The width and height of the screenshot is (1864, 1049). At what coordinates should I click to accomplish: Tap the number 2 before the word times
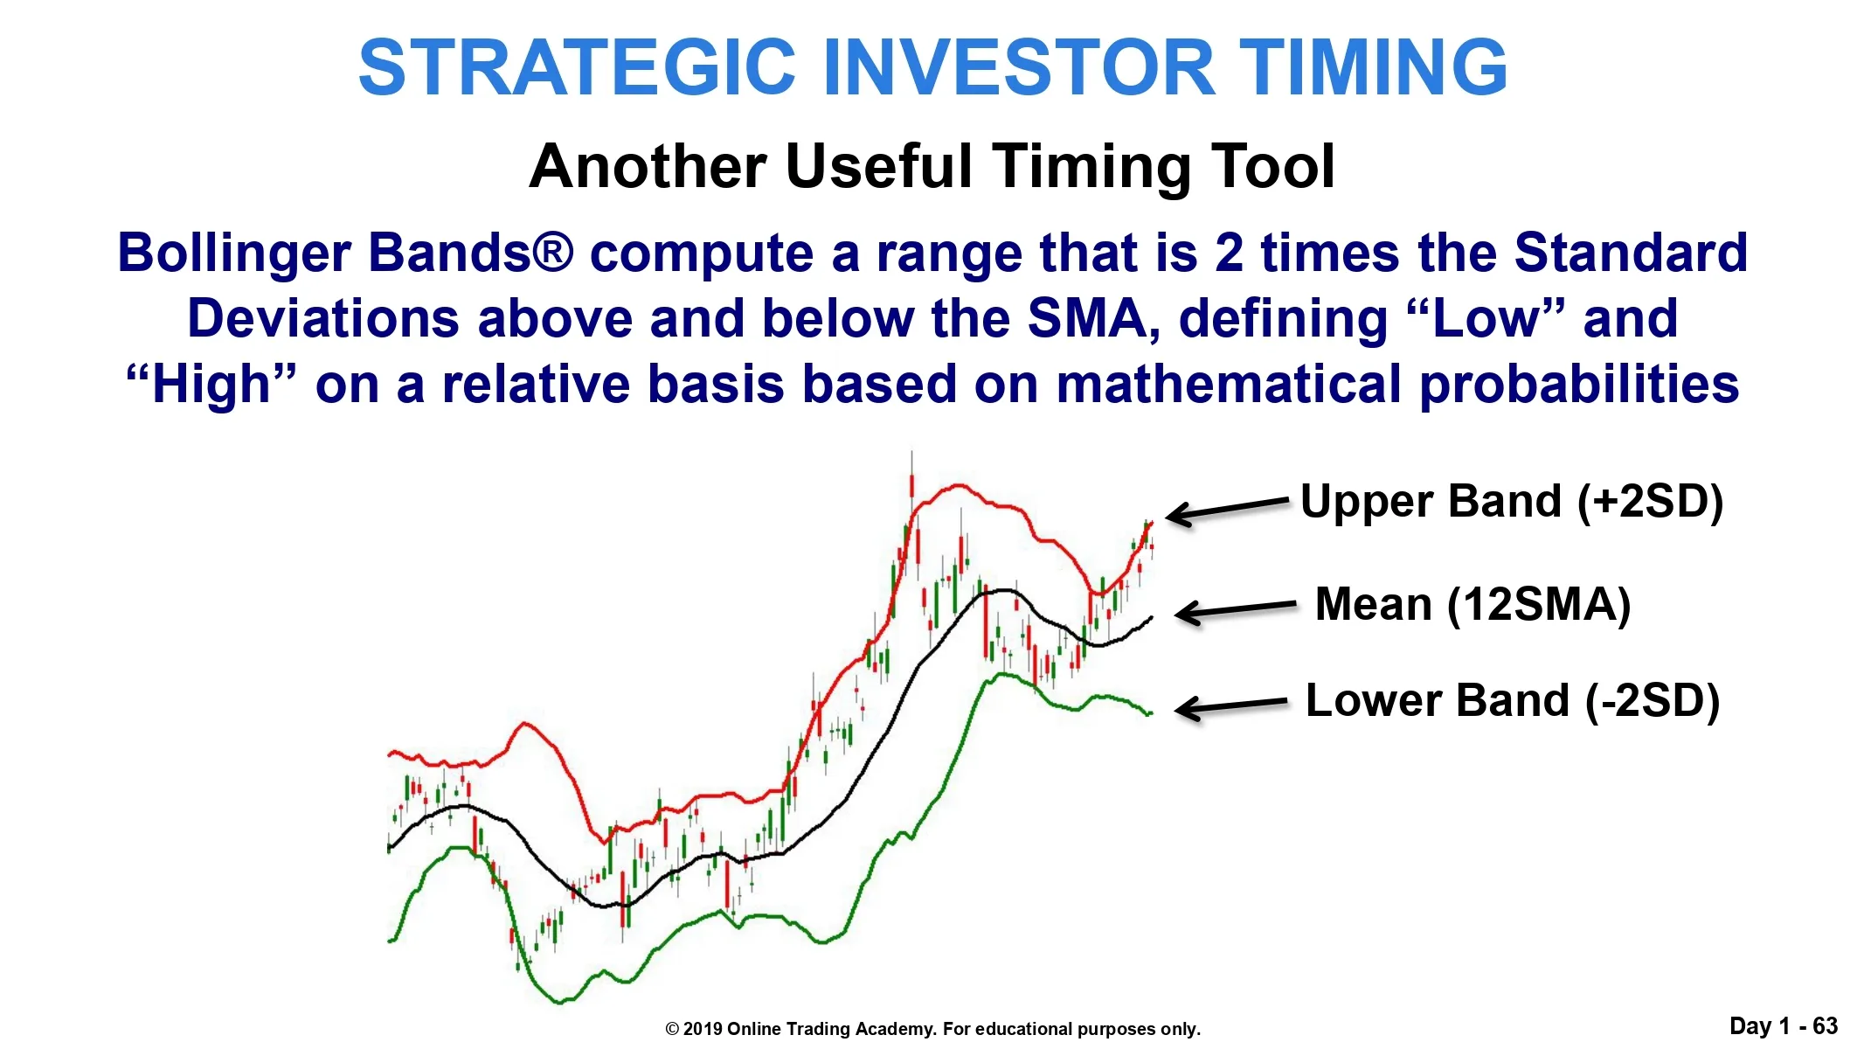[x=1229, y=254]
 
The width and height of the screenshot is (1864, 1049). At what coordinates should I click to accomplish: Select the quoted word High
[x=211, y=385]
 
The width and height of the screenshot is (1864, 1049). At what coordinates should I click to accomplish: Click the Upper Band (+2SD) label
[x=1512, y=503]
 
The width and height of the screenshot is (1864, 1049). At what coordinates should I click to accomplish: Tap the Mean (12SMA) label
[x=1473, y=605]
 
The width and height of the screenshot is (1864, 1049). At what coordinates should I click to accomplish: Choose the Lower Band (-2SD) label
[x=1513, y=701]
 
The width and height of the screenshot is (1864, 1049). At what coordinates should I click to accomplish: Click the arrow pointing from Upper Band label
[x=1228, y=510]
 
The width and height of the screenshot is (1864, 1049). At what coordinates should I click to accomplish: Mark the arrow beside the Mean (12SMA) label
[x=1236, y=609]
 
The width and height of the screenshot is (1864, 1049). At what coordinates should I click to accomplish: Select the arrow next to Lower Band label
[x=1231, y=705]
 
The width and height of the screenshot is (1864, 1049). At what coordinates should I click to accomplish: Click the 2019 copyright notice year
[x=703, y=1029]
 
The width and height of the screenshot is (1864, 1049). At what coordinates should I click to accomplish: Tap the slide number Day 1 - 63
[x=1784, y=1026]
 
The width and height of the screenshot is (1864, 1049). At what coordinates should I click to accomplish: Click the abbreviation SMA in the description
[x=1095, y=318]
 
